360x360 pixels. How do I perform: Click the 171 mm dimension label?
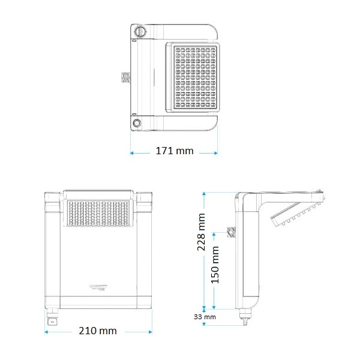pyautogui.click(x=175, y=151)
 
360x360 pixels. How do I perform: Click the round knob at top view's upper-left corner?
pyautogui.click(x=139, y=31)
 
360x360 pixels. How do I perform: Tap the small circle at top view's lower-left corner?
pyautogui.click(x=137, y=123)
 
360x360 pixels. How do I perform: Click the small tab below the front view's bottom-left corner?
pyautogui.click(x=51, y=319)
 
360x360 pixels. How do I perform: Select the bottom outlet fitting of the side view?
pyautogui.click(x=245, y=316)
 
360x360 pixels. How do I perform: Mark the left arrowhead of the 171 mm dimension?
pyautogui.click(x=132, y=152)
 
